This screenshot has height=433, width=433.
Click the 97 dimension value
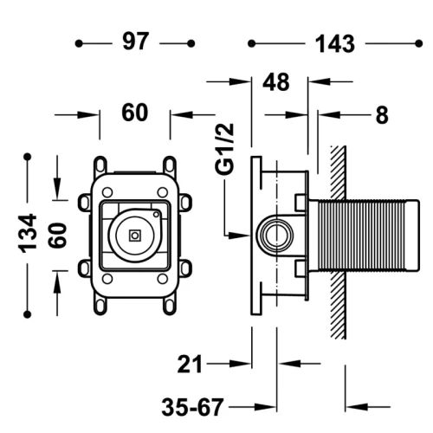click(136, 42)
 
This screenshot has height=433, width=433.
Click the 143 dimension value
click(335, 44)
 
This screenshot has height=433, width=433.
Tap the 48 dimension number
click(275, 82)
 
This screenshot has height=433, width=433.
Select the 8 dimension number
click(382, 115)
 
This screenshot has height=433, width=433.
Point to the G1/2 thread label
click(224, 149)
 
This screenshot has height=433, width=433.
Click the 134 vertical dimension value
click(28, 233)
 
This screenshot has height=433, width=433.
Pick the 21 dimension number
click(190, 364)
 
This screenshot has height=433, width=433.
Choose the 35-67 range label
click(192, 407)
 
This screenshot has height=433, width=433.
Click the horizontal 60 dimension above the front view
click(135, 113)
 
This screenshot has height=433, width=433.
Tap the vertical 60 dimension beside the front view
click(58, 236)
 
